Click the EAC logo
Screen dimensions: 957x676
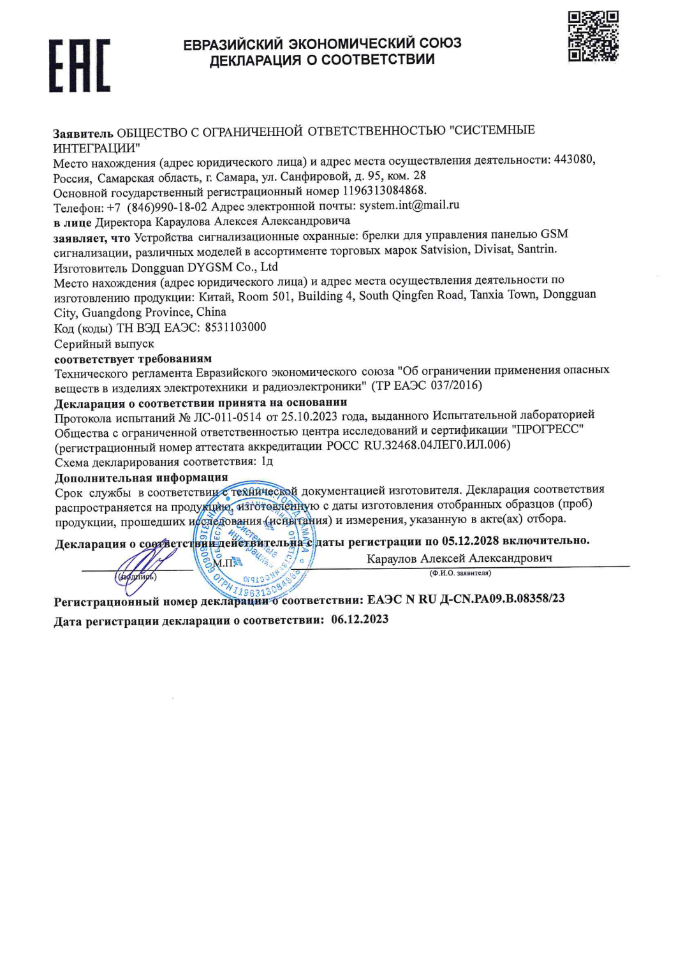pos(80,65)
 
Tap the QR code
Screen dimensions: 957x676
pos(593,36)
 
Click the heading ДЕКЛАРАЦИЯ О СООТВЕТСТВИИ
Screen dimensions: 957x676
pos(322,60)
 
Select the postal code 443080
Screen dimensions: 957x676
pos(574,159)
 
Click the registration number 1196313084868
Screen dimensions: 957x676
pos(384,190)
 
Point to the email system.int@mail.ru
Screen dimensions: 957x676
pos(409,205)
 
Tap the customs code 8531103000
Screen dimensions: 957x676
pos(235,327)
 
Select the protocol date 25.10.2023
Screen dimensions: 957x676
pos(308,417)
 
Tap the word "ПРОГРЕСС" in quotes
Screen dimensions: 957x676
pos(548,429)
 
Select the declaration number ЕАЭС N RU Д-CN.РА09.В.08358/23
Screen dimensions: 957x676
pos(466,599)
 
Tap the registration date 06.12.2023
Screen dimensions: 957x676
pos(359,619)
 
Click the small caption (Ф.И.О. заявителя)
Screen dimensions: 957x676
pos(460,573)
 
